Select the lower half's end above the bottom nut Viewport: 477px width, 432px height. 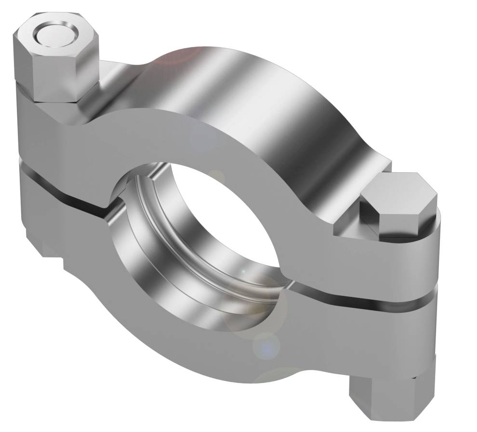pos(405,337)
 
